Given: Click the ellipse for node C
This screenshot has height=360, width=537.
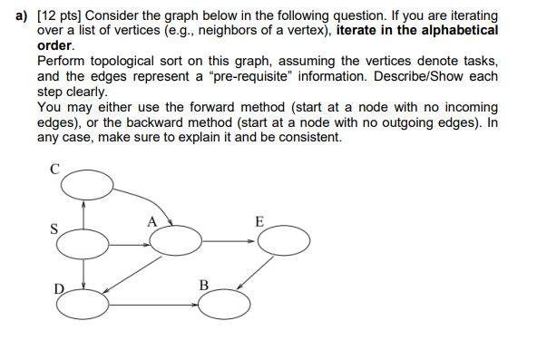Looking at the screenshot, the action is (88, 186).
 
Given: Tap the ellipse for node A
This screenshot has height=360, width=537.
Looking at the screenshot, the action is (176, 240).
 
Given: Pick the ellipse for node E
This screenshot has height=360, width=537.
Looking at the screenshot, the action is (283, 240).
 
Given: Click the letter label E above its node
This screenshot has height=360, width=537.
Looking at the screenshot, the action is (259, 220).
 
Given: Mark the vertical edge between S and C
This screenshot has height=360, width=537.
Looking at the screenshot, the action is (84, 214).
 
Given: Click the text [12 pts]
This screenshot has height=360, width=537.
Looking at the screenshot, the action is (60, 16).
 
